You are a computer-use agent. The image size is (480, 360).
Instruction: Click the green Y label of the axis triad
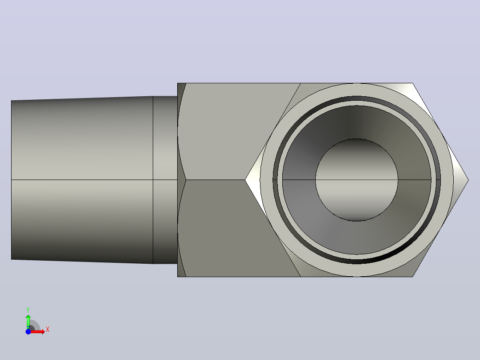pyautogui.click(x=28, y=310)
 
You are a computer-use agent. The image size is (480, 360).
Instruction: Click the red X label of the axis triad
pyautogui.click(x=48, y=330)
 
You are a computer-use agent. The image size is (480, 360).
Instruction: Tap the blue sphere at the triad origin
pyautogui.click(x=28, y=331)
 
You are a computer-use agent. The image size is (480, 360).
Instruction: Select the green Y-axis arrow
pyautogui.click(x=28, y=322)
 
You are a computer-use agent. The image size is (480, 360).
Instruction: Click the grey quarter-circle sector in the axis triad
pyautogui.click(x=35, y=325)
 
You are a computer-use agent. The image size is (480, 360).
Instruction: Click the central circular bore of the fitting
pyautogui.click(x=357, y=180)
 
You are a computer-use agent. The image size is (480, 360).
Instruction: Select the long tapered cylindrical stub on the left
pyautogui.click(x=82, y=180)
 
